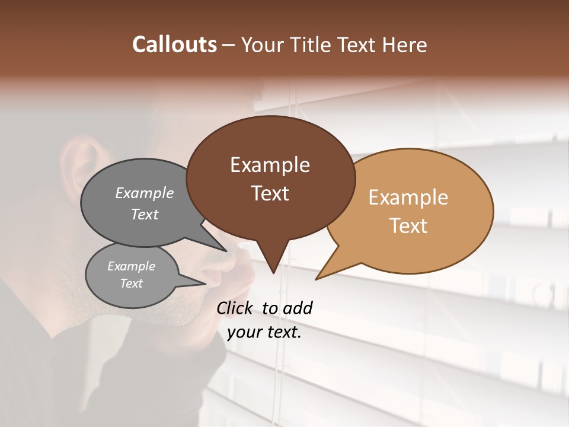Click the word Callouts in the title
[174, 44]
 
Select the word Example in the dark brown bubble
[270, 165]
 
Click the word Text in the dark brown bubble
[270, 193]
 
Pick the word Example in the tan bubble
[408, 197]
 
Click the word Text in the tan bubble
[408, 226]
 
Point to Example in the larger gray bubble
[145, 193]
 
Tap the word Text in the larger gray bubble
[145, 214]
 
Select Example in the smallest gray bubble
[131, 266]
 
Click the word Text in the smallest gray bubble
[131, 283]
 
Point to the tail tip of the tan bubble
[318, 278]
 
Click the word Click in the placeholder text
[236, 308]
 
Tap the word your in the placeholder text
[244, 332]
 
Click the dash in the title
[229, 45]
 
